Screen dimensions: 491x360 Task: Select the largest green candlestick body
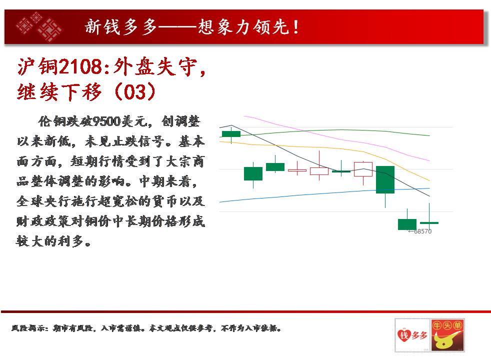pos(385,179)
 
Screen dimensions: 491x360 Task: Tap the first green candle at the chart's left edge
pos(231,134)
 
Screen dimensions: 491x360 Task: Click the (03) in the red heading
pos(135,91)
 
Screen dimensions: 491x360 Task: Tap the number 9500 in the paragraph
pos(107,121)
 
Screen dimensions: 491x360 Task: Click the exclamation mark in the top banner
pos(295,27)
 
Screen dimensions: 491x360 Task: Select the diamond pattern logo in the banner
pos(39,26)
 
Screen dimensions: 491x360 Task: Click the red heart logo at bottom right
pos(403,335)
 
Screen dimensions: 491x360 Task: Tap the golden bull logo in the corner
pos(447,335)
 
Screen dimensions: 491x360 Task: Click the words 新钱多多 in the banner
pos(121,27)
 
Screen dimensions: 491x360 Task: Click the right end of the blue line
pos(429,188)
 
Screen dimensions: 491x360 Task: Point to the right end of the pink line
pos(429,160)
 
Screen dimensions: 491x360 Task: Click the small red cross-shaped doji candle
pos(297,170)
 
